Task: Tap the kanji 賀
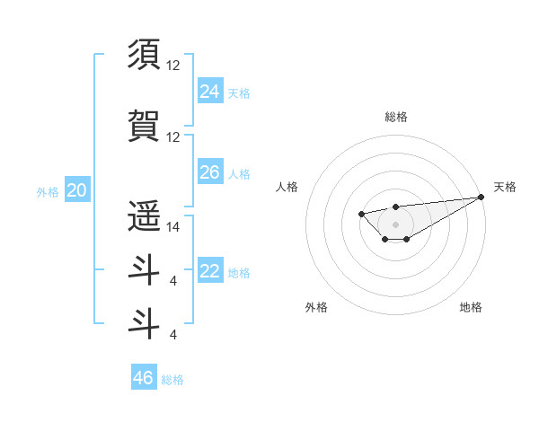[144, 124]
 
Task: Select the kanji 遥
[144, 215]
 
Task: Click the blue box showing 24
[209, 91]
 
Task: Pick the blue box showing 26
[209, 172]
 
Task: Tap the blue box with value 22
[209, 272]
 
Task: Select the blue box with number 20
[76, 190]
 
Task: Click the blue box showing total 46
[144, 378]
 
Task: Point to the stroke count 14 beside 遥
[173, 227]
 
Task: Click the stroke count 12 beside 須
[173, 65]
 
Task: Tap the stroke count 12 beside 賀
[173, 136]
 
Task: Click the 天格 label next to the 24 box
[239, 92]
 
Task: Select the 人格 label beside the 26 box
[239, 174]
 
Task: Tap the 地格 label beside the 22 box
[239, 273]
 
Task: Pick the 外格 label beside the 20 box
[48, 191]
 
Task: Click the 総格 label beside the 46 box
[172, 380]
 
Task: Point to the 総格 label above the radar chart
[395, 117]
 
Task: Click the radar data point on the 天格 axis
[481, 197]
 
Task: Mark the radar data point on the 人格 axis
[361, 214]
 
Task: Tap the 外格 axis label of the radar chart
[316, 307]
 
